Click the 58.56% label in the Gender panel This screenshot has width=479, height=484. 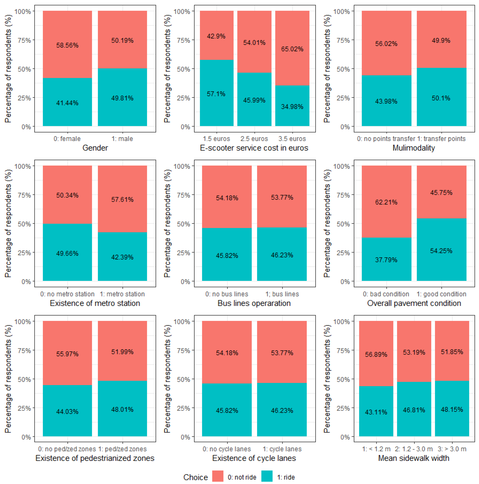coord(67,45)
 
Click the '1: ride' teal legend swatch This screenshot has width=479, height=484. coord(267,476)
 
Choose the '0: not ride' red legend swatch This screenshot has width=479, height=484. coord(218,476)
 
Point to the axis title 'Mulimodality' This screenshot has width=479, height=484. coord(414,148)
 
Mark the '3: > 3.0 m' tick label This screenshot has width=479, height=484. coord(452,449)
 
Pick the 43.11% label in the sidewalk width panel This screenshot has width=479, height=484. coord(376,412)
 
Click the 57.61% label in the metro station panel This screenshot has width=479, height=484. coord(122,200)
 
